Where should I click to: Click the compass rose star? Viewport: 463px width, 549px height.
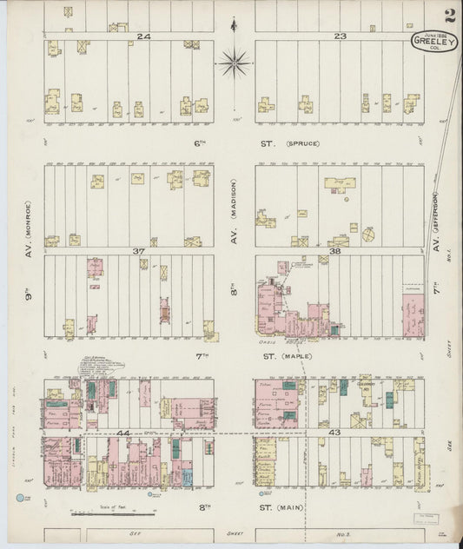pos(234,63)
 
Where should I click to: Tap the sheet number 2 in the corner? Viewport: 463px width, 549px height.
pos(448,15)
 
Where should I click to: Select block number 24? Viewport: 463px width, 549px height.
pos(143,36)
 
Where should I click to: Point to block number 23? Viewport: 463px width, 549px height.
pos(340,36)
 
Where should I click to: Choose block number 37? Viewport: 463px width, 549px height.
pos(137,250)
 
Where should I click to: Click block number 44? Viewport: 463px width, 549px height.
pos(123,432)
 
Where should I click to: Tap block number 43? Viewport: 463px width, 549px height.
pos(334,431)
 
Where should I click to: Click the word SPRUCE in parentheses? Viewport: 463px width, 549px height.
pos(302,143)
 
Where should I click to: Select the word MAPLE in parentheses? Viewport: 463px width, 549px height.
pos(302,356)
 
